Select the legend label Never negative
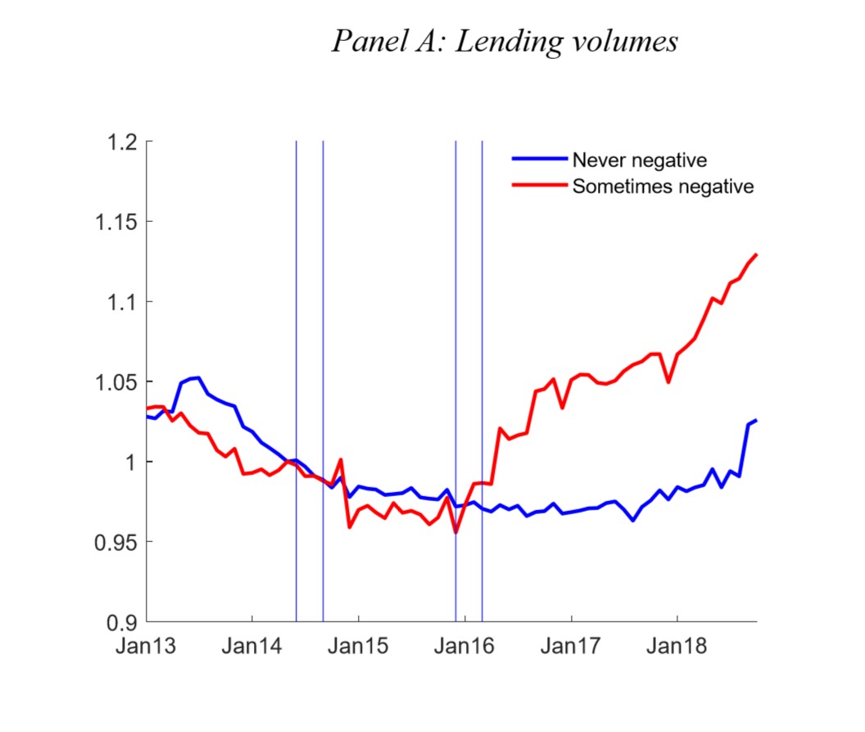639,160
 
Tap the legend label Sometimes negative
663,187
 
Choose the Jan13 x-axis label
146,645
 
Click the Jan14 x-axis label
252,645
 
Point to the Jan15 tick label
359,645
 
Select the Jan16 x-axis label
465,645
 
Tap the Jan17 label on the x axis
572,645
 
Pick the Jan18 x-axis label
678,645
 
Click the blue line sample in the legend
538,160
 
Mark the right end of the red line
756,255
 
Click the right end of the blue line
756,420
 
